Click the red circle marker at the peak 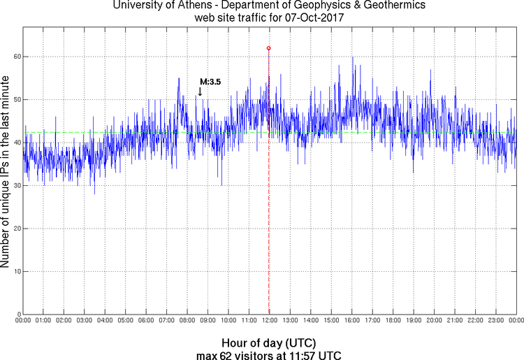(x=268, y=48)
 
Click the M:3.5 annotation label (x=210, y=82)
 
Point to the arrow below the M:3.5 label (x=201, y=92)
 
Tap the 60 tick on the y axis (x=16, y=57)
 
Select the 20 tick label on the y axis (x=16, y=229)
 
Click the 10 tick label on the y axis (x=16, y=271)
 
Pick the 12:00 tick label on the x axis (x=270, y=320)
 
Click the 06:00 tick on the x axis (x=146, y=320)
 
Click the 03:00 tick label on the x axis (x=84, y=320)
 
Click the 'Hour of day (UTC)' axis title (x=269, y=343)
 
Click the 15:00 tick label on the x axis (x=331, y=320)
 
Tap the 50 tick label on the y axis (x=16, y=100)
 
